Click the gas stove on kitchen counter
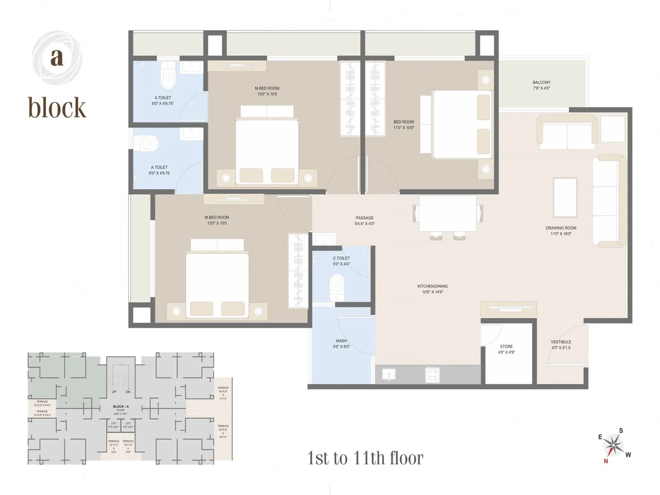[x=432, y=374]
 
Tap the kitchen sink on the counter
[x=389, y=375]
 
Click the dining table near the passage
[x=448, y=214]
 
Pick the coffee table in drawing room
[x=565, y=197]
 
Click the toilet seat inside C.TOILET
[x=337, y=288]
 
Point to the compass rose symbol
[x=614, y=445]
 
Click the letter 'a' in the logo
[x=57, y=58]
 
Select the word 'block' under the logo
[x=57, y=108]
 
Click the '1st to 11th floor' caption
[x=365, y=458]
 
